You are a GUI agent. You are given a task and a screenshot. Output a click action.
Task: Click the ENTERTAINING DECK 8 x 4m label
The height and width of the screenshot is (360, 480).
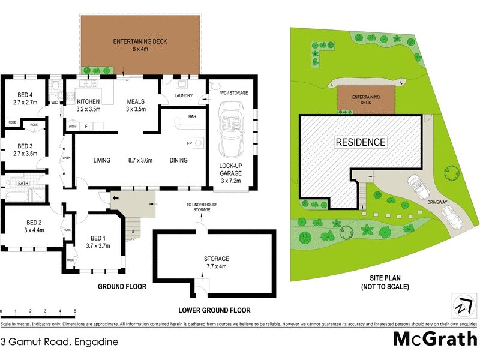coord(140,45)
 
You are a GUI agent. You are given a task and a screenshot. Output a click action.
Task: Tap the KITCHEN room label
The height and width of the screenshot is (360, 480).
coord(88,105)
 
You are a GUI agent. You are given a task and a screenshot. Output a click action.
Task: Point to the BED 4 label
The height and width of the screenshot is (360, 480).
coord(25,98)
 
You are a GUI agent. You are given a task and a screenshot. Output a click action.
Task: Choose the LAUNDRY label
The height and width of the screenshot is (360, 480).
coord(182,95)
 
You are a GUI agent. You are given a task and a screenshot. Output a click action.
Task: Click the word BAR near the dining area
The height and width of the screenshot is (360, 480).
coord(193,116)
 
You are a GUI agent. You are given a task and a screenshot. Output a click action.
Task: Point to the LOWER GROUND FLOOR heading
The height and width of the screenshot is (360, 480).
coord(214,310)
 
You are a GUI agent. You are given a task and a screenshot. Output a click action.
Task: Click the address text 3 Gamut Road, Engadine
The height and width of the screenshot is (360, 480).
coord(59,343)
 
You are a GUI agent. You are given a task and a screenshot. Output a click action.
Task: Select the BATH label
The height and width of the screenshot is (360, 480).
coord(23,184)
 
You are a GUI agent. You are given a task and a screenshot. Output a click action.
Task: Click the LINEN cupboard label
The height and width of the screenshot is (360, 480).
coord(65,158)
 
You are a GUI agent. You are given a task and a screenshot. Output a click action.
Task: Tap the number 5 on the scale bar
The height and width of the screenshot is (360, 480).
coord(75,311)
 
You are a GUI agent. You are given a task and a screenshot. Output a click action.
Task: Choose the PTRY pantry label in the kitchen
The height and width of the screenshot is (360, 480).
coord(72,127)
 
